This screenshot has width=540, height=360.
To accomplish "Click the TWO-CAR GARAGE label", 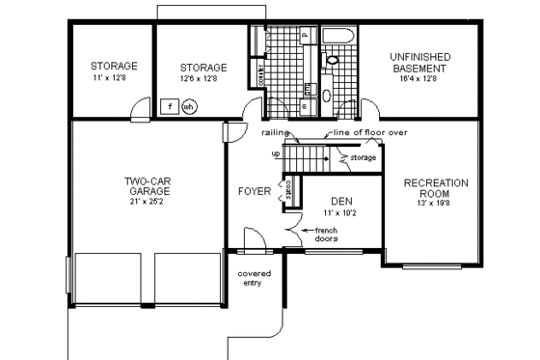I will [x=148, y=185].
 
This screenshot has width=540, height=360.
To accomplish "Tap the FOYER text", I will [x=255, y=191].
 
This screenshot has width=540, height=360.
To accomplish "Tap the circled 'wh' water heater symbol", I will [x=190, y=107].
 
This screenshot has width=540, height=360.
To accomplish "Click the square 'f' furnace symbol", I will [x=171, y=106].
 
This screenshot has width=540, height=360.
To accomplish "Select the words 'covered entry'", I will [x=255, y=279].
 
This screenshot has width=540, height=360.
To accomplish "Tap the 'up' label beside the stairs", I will [x=277, y=154].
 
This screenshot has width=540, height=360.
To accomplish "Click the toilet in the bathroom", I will [x=333, y=60].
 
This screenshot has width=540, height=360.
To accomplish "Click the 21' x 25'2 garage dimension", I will [x=148, y=204].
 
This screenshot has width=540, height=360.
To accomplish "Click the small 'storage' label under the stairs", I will [x=363, y=155].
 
